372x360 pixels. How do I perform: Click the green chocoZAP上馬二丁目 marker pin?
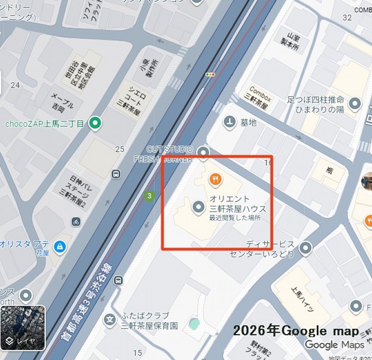[95, 123]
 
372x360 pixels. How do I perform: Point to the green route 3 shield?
[149, 196]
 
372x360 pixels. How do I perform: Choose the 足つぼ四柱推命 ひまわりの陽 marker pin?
[356, 104]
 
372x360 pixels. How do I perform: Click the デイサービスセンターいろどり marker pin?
[306, 248]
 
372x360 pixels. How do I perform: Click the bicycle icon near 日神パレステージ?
[76, 222]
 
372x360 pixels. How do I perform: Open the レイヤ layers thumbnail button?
[22, 327]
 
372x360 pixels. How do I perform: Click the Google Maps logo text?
[334, 345]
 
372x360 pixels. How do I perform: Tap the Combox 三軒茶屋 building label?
[259, 97]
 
